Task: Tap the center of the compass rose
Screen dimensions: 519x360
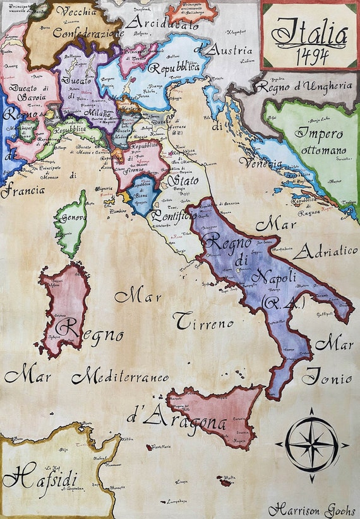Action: pyautogui.click(x=311, y=444)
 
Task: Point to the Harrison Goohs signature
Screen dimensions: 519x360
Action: pyautogui.click(x=312, y=510)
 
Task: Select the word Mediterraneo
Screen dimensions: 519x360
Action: pyautogui.click(x=120, y=378)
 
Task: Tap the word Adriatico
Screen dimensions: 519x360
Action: pyautogui.click(x=325, y=251)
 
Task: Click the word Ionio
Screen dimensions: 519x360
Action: pyautogui.click(x=326, y=379)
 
